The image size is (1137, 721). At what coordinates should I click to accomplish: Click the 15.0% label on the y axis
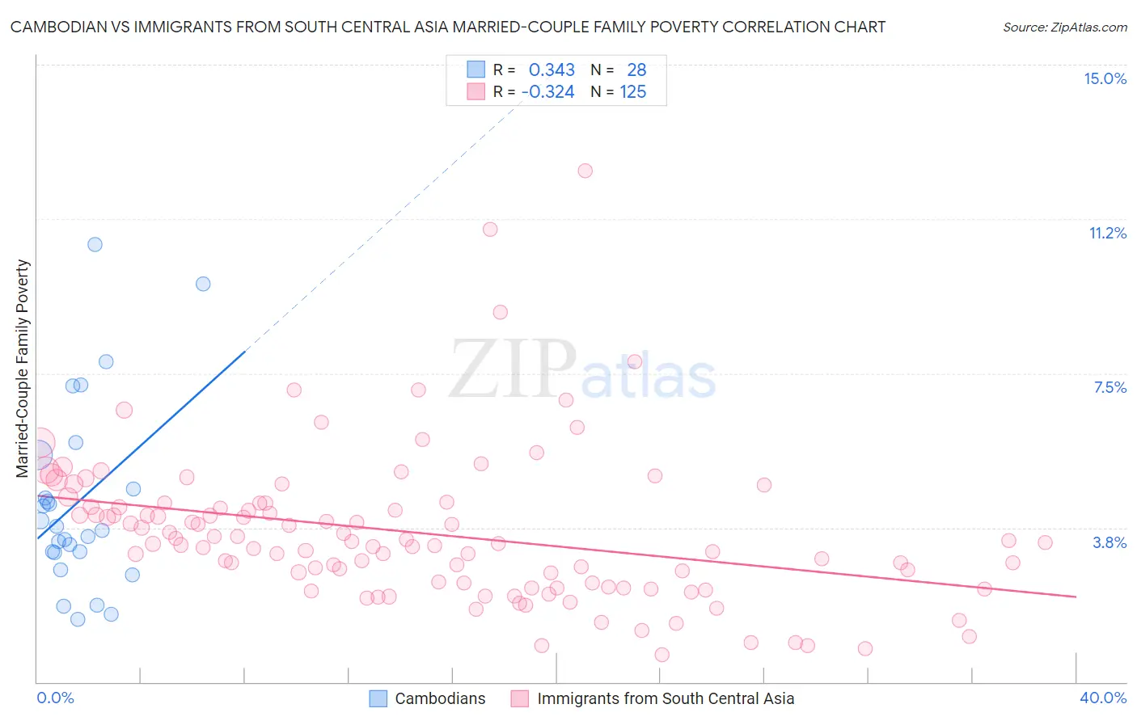tap(1105, 78)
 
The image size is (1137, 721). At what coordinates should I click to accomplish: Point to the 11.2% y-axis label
tap(1107, 233)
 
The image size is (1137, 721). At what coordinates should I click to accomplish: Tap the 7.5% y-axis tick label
tap(1110, 387)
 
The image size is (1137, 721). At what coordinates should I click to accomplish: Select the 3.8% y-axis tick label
tap(1110, 542)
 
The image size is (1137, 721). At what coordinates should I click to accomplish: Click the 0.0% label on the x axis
tap(55, 698)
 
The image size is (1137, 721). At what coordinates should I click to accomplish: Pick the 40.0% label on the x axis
tap(1103, 698)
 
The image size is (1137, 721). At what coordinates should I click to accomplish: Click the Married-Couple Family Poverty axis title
tap(23, 369)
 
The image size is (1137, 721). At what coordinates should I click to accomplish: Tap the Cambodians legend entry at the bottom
tap(440, 698)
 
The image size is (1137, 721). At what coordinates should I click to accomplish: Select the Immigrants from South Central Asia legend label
tap(666, 698)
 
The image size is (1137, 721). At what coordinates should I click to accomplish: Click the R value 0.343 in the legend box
tap(552, 70)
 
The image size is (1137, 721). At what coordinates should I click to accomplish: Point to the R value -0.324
tap(547, 92)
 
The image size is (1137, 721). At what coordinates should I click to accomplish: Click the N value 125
tap(633, 92)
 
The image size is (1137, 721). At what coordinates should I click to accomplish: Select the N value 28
tap(636, 70)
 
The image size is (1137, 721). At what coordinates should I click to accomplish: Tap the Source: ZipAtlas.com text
tap(1064, 27)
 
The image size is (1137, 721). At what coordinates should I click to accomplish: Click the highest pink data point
tap(585, 171)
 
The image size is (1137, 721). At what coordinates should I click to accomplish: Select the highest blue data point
tap(95, 244)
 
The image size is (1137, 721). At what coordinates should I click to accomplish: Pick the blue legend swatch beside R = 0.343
tap(476, 70)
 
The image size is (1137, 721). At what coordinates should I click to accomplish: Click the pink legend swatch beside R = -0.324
tap(476, 91)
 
